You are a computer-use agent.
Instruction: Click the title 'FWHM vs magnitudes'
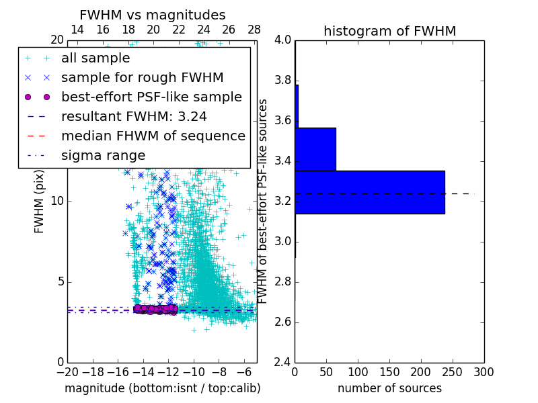tap(153, 15)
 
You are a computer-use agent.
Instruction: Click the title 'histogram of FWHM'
tap(389, 31)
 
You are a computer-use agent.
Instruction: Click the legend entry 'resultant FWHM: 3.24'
tap(134, 116)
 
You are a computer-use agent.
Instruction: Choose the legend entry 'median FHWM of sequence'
tap(153, 136)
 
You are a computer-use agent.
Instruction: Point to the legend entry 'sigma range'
tap(103, 155)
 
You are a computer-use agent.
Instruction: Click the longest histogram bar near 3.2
tap(370, 192)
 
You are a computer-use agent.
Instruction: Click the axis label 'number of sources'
tap(389, 388)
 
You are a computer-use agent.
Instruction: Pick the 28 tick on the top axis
tap(254, 30)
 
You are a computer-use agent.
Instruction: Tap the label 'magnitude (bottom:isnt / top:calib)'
tap(162, 388)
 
